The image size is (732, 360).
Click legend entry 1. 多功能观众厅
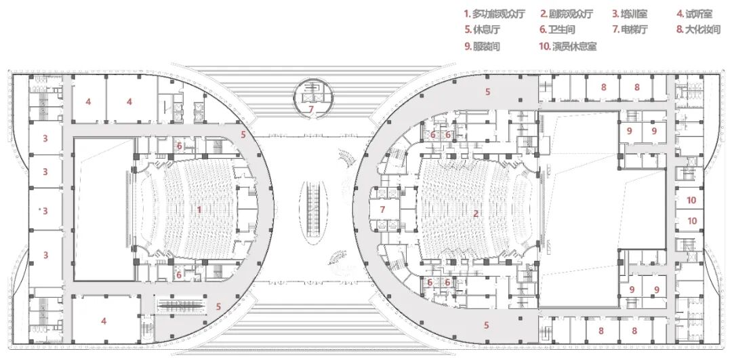(493, 14)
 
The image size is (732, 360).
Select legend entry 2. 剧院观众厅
(567, 14)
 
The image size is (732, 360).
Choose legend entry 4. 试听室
(694, 14)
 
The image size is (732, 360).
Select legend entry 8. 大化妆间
(698, 30)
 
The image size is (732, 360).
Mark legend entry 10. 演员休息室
(568, 46)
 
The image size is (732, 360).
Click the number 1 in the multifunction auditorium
(199, 209)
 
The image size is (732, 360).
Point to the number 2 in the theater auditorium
(476, 214)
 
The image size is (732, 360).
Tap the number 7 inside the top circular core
(311, 108)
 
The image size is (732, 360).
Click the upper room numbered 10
(691, 200)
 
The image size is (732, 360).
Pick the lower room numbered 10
(691, 221)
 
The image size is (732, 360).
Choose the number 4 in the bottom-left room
(104, 321)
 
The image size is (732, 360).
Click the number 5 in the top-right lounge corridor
(486, 91)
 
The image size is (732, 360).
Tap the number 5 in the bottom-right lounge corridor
(486, 325)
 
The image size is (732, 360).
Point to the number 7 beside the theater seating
(382, 209)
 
